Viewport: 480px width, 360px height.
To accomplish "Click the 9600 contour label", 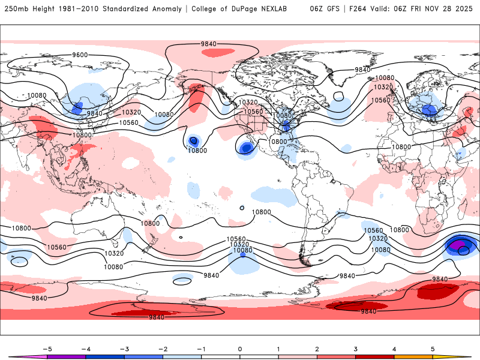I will (x=80, y=55).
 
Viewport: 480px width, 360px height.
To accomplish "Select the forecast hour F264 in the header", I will (x=354, y=9).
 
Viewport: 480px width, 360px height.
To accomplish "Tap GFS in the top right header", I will (x=331, y=9).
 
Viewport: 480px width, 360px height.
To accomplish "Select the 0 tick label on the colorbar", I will (x=239, y=348).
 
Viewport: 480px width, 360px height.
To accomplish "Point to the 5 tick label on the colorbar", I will (x=432, y=348).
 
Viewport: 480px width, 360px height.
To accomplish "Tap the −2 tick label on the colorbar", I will (x=163, y=348).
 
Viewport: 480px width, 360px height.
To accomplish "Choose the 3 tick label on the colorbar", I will (x=355, y=348).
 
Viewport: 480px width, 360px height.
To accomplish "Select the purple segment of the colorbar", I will (x=66, y=356).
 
